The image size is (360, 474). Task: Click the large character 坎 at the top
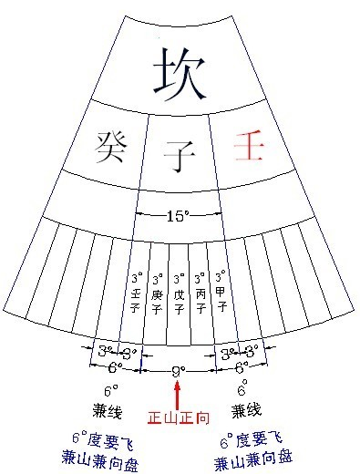point(180,75)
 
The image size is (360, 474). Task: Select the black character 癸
point(111,147)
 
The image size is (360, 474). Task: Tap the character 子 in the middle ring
point(179,156)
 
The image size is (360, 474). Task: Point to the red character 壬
point(248,145)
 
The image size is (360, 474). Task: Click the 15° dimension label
point(179,216)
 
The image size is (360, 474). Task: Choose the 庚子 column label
point(157,302)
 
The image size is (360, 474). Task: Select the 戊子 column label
point(179,303)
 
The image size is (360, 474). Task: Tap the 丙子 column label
point(201,302)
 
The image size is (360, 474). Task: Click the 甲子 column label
point(221,300)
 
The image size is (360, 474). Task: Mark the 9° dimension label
point(179,371)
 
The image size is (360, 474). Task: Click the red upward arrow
point(178,396)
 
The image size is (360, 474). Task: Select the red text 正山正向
point(179,418)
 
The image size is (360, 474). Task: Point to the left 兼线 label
point(108,412)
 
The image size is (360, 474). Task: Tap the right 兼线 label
point(246,411)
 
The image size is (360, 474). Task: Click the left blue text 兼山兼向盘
point(100,462)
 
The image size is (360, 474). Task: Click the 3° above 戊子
point(179,279)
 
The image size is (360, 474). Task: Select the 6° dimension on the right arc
point(242,368)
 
